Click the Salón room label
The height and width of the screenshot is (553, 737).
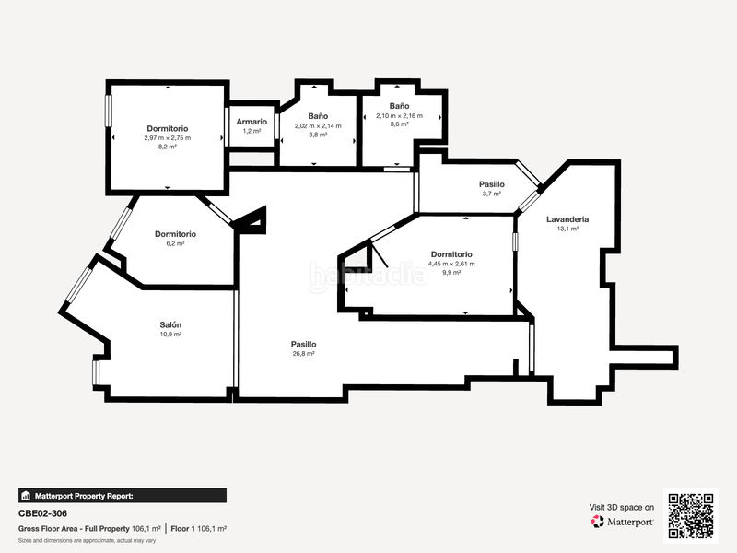click(x=170, y=324)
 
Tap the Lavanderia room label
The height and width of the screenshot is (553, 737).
click(x=567, y=219)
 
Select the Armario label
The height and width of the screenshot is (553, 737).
click(x=252, y=122)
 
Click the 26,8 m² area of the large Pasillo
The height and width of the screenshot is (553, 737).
click(x=303, y=353)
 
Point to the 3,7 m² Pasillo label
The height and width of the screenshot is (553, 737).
click(x=491, y=194)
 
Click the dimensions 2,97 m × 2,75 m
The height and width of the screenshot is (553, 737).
click(x=167, y=137)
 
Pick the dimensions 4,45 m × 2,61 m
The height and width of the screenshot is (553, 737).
click(x=451, y=264)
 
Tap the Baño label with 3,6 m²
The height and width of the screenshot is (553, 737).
click(x=399, y=106)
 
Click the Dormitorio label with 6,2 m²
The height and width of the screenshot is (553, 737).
click(x=175, y=234)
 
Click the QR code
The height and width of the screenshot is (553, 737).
click(x=691, y=515)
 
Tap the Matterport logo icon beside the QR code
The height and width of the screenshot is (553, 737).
click(x=598, y=522)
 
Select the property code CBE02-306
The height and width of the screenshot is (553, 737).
click(x=42, y=513)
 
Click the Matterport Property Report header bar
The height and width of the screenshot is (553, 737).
click(x=122, y=495)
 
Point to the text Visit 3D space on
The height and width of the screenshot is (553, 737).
click(x=622, y=507)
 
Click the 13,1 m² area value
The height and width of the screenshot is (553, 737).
click(x=567, y=229)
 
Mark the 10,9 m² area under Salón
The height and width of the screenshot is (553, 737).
click(x=170, y=335)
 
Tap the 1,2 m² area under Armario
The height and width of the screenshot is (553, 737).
click(x=252, y=132)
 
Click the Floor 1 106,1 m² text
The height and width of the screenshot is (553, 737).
click(x=199, y=529)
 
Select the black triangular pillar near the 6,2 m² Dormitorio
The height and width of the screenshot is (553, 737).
click(x=252, y=220)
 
